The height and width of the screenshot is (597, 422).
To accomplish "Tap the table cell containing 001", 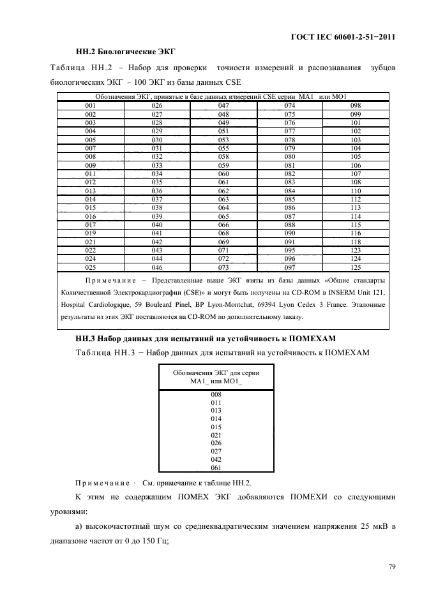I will (x=91, y=105).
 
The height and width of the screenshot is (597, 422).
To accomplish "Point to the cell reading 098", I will (x=356, y=105).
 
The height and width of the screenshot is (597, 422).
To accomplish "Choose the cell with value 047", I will (x=223, y=105).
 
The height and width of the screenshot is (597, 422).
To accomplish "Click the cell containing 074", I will (x=290, y=105).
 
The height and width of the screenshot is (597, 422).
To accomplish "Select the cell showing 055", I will (x=223, y=148).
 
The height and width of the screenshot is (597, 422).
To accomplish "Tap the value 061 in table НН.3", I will (x=216, y=467).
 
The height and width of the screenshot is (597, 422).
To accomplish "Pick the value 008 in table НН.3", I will (x=216, y=394).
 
